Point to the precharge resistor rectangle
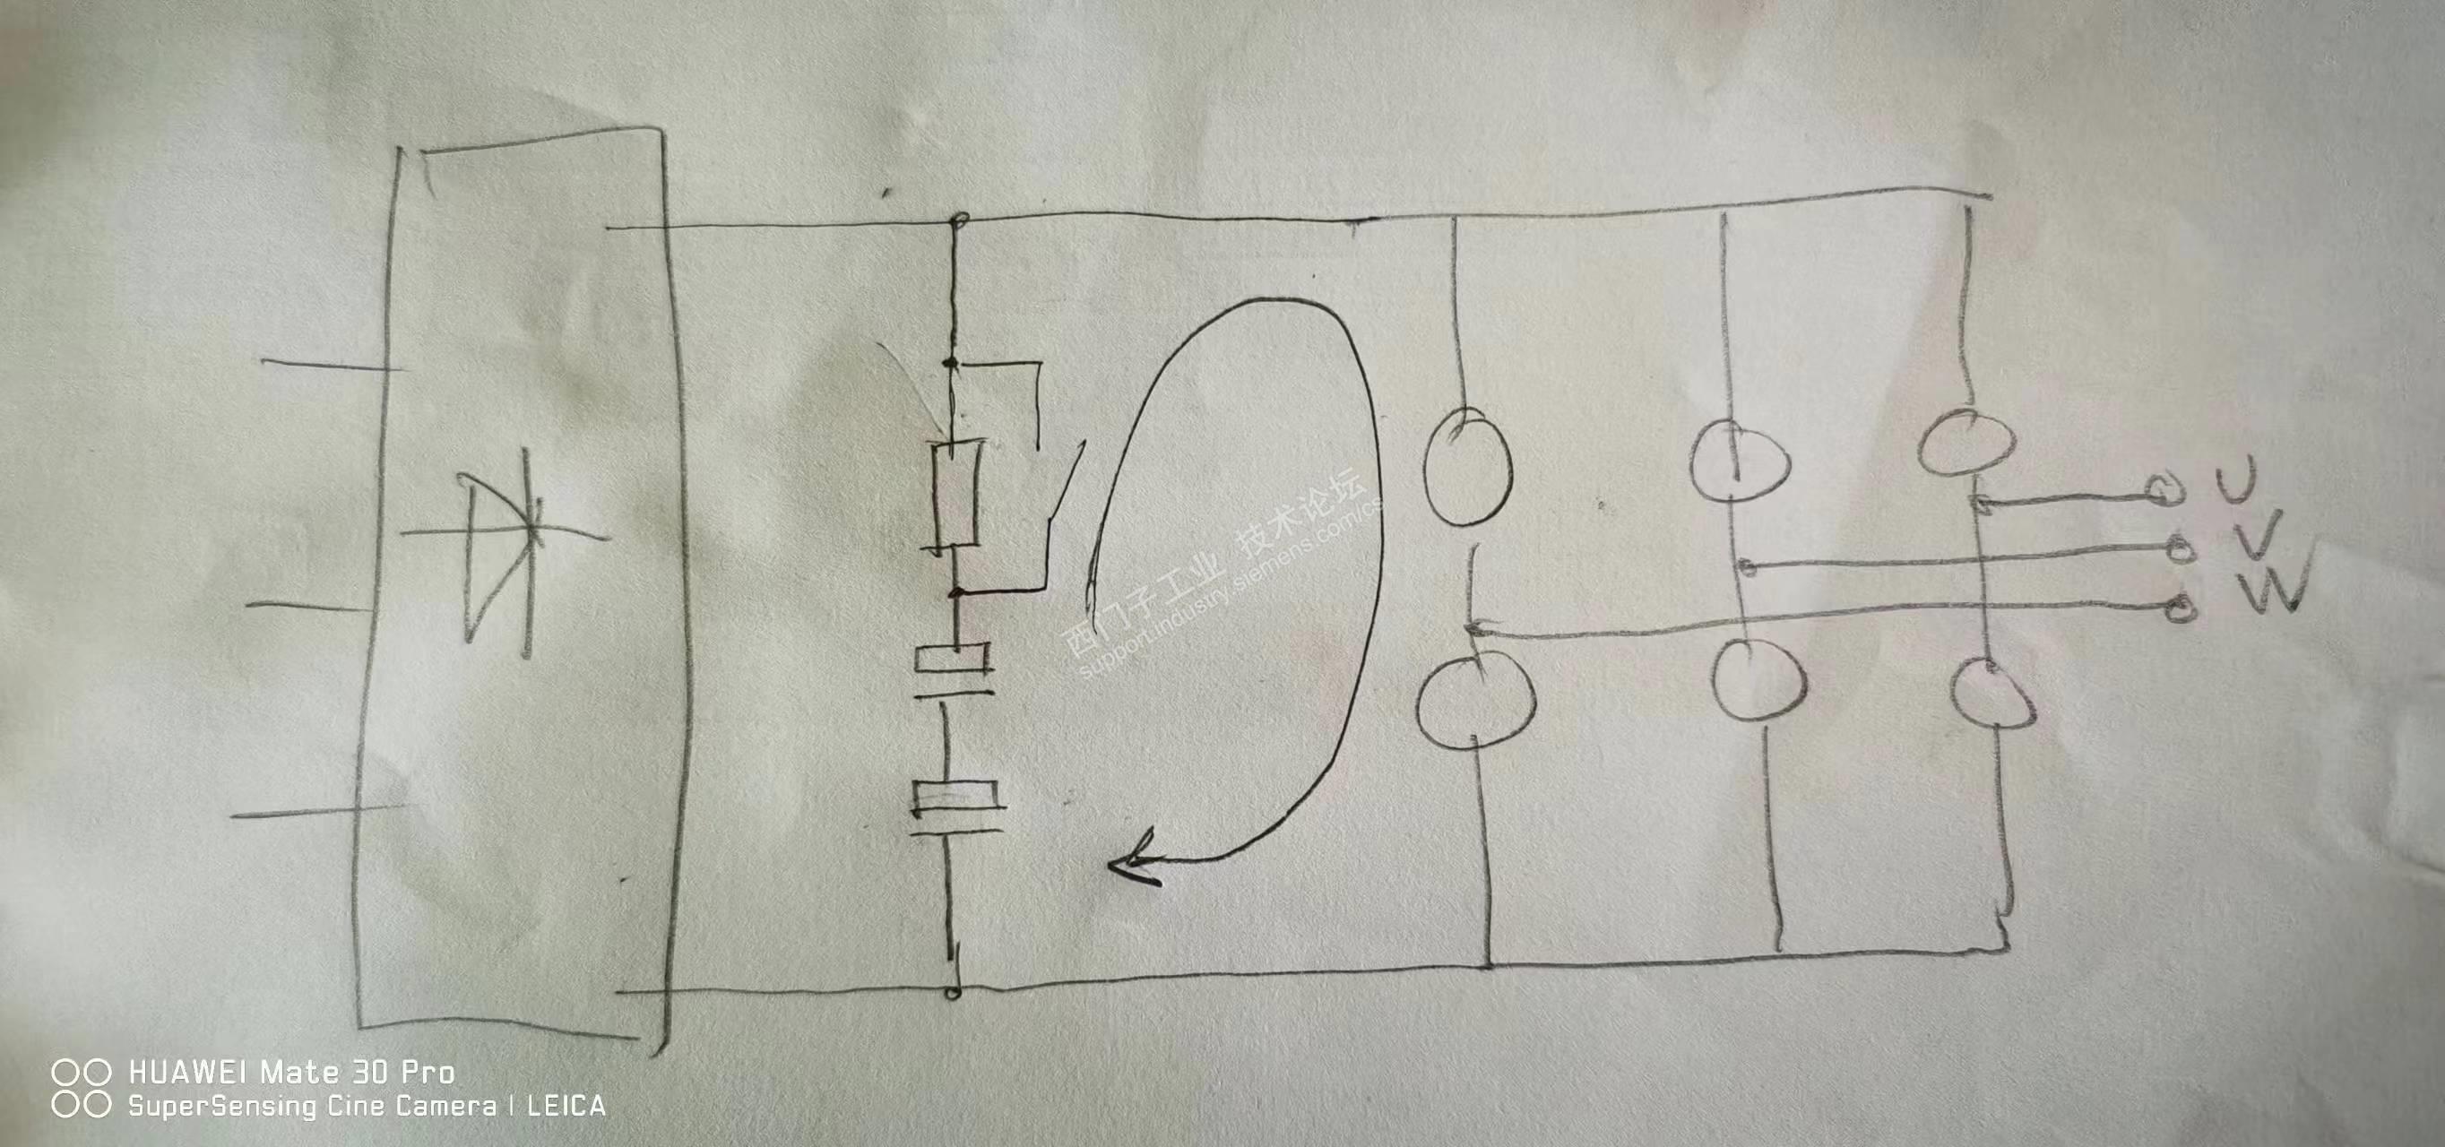(955, 495)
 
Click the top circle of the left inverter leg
(1467, 468)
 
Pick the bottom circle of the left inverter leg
(1473, 700)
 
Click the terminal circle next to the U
(2165, 489)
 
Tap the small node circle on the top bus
(959, 224)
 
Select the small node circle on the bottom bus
(953, 993)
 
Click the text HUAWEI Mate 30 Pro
(290, 1073)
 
